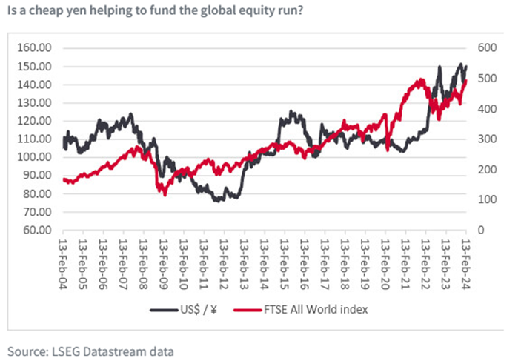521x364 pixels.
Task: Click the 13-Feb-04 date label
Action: (64, 256)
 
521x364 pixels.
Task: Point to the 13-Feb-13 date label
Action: (245, 256)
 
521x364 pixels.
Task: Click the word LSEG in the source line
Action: (64, 350)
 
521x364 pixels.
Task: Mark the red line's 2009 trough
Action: (164, 194)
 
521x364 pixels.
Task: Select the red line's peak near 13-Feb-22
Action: (420, 79)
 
